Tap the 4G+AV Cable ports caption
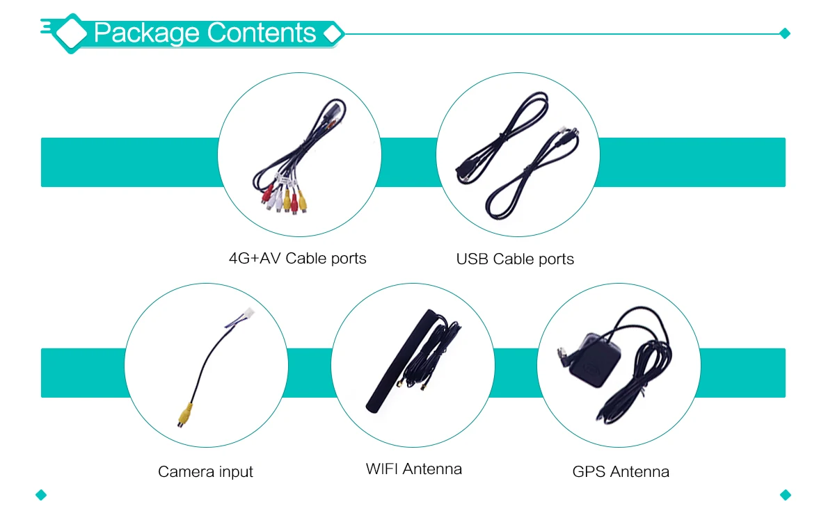(297, 259)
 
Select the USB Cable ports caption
(515, 259)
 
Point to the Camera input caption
(205, 472)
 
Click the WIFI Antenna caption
(413, 469)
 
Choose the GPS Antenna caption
(621, 472)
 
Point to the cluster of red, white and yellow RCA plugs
(283, 198)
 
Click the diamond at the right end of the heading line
(786, 33)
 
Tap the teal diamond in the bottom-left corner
(40, 495)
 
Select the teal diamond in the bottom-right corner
(786, 495)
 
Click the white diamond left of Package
(70, 33)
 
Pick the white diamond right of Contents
(333, 33)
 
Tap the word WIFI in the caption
(382, 469)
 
